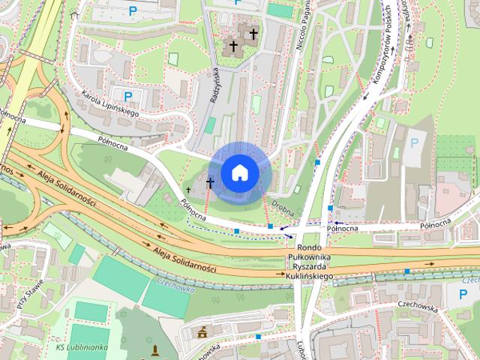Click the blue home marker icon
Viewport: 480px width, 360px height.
coord(240,172)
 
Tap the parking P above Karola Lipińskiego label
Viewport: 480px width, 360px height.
coord(127,95)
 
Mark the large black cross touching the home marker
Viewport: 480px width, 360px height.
coord(210,181)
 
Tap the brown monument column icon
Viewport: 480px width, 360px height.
coord(155,349)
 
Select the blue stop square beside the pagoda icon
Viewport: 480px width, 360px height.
coord(257,337)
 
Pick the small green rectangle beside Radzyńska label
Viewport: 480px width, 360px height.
coord(211,125)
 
